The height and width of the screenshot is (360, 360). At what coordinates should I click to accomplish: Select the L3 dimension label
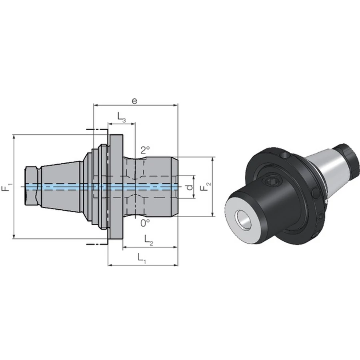tap(122, 117)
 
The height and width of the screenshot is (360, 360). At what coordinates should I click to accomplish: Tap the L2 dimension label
tap(148, 240)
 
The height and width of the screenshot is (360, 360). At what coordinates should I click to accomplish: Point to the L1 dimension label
tap(142, 258)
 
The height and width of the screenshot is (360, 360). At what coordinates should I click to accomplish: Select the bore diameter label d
tap(190, 187)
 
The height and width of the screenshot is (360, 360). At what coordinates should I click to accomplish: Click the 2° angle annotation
tap(145, 150)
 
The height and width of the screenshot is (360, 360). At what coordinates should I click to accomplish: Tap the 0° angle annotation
tap(145, 223)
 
